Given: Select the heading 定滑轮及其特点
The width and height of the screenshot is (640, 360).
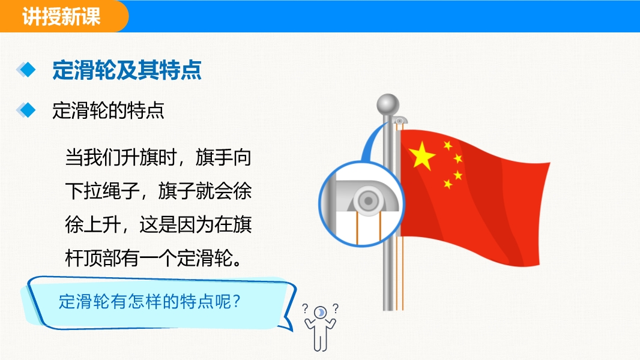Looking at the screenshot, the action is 127,70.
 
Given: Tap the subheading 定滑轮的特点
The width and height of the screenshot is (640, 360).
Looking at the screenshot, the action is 108,110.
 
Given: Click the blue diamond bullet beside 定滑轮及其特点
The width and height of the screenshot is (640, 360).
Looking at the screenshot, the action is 26,70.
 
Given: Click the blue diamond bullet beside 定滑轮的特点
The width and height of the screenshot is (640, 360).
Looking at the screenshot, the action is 26,110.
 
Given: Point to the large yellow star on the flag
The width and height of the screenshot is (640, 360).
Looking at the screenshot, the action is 421,155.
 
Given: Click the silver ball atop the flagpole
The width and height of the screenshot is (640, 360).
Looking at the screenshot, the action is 388,105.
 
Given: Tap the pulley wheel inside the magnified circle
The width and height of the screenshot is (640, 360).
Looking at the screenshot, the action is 368,200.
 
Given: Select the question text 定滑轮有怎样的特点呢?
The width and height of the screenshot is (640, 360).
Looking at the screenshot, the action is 149,302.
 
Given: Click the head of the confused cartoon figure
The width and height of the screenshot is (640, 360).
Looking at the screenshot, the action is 321,313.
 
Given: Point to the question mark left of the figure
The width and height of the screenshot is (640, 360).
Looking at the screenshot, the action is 305,308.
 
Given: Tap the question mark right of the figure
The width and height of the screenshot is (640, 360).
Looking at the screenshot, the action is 335,308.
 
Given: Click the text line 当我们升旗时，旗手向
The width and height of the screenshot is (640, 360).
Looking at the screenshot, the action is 158,157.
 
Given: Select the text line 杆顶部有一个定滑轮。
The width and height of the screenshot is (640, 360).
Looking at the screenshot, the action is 154,258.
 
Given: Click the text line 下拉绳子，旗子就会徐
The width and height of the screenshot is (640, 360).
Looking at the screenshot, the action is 158,191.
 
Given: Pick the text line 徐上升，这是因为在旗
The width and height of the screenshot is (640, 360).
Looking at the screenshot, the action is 158,224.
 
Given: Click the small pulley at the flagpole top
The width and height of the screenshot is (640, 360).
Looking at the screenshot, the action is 400,121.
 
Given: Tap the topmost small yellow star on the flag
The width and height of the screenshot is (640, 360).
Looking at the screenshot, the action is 448,145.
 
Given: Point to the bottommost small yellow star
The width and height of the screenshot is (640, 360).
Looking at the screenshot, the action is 448,184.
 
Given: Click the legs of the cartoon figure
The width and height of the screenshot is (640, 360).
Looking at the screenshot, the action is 321,341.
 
